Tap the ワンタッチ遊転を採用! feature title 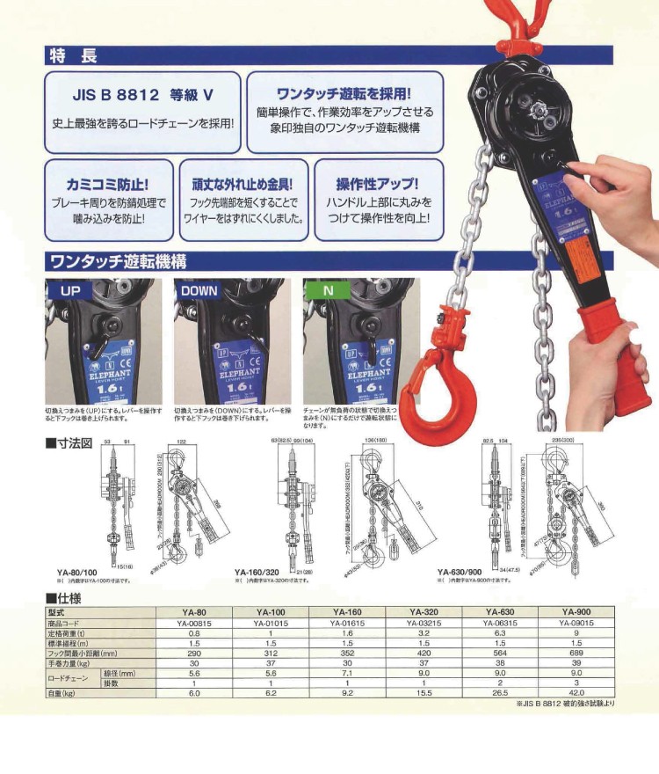pyautogui.click(x=344, y=92)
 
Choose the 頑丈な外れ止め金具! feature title pyautogui.click(x=243, y=185)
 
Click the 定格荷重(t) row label pyautogui.click(x=72, y=632)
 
